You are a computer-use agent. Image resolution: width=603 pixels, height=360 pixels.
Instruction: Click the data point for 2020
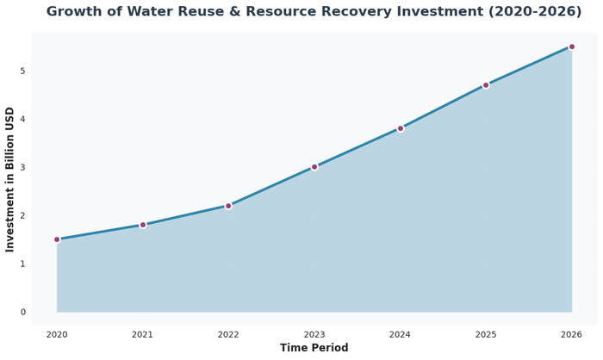coord(57,239)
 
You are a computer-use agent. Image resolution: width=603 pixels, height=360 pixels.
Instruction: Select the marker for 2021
coord(143,225)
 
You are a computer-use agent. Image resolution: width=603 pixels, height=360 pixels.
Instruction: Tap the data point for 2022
coord(228,206)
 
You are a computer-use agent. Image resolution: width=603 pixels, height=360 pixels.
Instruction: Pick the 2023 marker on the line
coord(314,167)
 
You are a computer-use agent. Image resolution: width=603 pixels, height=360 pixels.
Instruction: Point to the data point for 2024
coord(401,128)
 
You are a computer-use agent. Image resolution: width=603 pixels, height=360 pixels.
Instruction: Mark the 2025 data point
coord(486,85)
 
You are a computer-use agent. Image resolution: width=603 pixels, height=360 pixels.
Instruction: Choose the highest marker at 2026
coord(572,47)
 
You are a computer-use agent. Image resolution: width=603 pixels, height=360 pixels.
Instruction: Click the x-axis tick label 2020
coord(57,334)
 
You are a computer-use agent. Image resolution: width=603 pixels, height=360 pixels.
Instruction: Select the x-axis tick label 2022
coord(228,334)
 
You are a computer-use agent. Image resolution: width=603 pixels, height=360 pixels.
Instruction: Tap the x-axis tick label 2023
coord(314,334)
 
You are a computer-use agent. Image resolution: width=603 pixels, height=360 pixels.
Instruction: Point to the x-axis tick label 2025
coord(486,334)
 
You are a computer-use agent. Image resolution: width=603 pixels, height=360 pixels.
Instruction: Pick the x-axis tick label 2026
coord(572,334)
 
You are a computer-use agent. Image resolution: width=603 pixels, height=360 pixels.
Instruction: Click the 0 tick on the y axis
coord(23,312)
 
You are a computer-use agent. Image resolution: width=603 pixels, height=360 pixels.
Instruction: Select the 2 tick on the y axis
coord(23,215)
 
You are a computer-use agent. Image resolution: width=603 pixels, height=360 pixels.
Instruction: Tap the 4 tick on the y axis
coord(23,119)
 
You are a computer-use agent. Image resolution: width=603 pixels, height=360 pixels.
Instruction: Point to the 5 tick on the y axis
coord(23,71)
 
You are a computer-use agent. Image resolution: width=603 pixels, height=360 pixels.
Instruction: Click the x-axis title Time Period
coord(314,348)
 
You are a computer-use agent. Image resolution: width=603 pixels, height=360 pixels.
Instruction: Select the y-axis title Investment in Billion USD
coord(10,179)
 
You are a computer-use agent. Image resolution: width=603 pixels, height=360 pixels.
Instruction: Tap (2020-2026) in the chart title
coord(507,12)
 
